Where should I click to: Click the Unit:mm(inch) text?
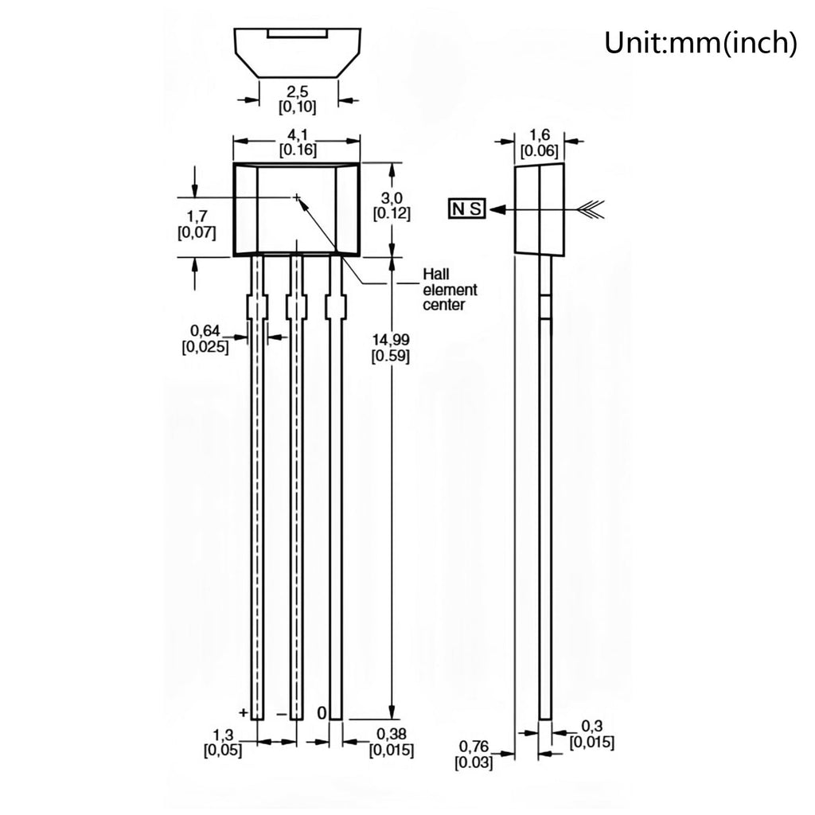[700, 43]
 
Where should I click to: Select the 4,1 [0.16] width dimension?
[298, 143]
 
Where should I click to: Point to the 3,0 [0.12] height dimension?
[392, 205]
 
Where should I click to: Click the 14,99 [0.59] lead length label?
[390, 348]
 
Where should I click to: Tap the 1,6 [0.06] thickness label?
[539, 143]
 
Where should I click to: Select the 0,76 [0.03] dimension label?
[474, 755]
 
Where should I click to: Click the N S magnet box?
[466, 209]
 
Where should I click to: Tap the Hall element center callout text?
[450, 289]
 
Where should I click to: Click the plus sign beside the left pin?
[243, 712]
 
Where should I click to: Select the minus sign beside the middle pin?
[281, 715]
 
